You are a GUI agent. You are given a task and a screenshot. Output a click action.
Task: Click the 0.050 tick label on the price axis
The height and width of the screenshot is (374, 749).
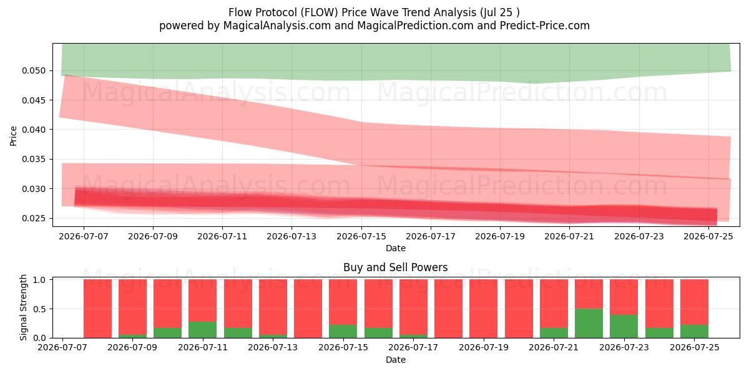click(34, 71)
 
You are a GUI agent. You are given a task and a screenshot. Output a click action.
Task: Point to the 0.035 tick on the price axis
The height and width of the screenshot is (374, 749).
click(34, 160)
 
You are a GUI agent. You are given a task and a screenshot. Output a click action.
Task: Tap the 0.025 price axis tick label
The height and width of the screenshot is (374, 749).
click(34, 218)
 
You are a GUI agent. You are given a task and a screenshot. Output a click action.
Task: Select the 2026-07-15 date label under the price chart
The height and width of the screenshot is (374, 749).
click(361, 236)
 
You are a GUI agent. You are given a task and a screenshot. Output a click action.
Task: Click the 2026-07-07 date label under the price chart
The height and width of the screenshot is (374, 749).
click(84, 236)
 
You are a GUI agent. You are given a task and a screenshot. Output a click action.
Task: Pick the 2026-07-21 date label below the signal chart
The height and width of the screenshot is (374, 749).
click(554, 347)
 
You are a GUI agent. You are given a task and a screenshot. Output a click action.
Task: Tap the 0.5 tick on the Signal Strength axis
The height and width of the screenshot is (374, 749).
click(39, 309)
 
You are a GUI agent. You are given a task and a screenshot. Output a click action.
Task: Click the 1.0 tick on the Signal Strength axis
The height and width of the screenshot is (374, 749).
click(39, 279)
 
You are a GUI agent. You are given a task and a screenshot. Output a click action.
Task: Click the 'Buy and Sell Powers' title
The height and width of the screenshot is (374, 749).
click(396, 267)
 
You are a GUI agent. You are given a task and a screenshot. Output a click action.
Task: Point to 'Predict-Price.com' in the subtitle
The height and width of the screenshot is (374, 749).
click(545, 26)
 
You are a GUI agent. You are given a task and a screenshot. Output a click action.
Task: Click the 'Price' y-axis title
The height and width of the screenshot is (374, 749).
click(13, 137)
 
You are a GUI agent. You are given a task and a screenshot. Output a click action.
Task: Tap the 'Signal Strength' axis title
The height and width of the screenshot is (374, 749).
click(23, 307)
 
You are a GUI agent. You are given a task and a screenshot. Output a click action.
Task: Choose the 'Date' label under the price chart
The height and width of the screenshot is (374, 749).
click(396, 248)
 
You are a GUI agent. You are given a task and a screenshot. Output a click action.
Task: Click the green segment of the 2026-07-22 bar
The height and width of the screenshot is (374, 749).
click(589, 324)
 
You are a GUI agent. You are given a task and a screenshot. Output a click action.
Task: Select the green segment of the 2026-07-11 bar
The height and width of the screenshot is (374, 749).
click(203, 330)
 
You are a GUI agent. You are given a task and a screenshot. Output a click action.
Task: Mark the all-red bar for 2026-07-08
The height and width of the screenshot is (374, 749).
click(97, 309)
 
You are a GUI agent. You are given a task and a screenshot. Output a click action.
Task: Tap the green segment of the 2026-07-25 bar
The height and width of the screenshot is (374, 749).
click(695, 331)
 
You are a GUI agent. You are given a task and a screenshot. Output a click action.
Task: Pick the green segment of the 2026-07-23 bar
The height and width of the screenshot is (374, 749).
click(624, 326)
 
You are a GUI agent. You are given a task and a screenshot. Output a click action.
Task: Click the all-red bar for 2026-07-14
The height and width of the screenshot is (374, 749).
click(308, 309)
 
